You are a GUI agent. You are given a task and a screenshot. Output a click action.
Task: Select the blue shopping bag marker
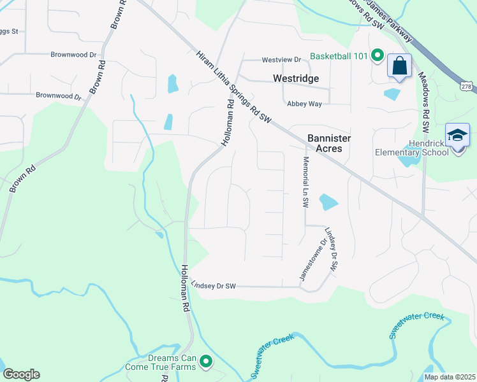point(399,66)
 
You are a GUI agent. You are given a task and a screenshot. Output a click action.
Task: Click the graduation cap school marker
point(457,136)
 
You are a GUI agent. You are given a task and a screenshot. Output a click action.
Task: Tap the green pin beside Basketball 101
point(377,56)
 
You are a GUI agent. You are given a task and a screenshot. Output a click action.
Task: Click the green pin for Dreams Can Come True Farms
point(205,362)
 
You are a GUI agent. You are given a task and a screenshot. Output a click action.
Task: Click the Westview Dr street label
point(281,60)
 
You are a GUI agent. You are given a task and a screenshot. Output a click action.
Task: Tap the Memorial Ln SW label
point(305,182)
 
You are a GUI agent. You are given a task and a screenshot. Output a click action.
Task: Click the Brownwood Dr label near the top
point(75,55)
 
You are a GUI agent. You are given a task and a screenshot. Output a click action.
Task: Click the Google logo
point(21,374)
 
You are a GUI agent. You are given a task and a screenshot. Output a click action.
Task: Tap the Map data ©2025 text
point(449,377)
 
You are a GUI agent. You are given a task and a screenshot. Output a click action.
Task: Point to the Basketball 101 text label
point(339,56)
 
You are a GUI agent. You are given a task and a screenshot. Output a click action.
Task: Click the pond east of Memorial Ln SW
point(327,202)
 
